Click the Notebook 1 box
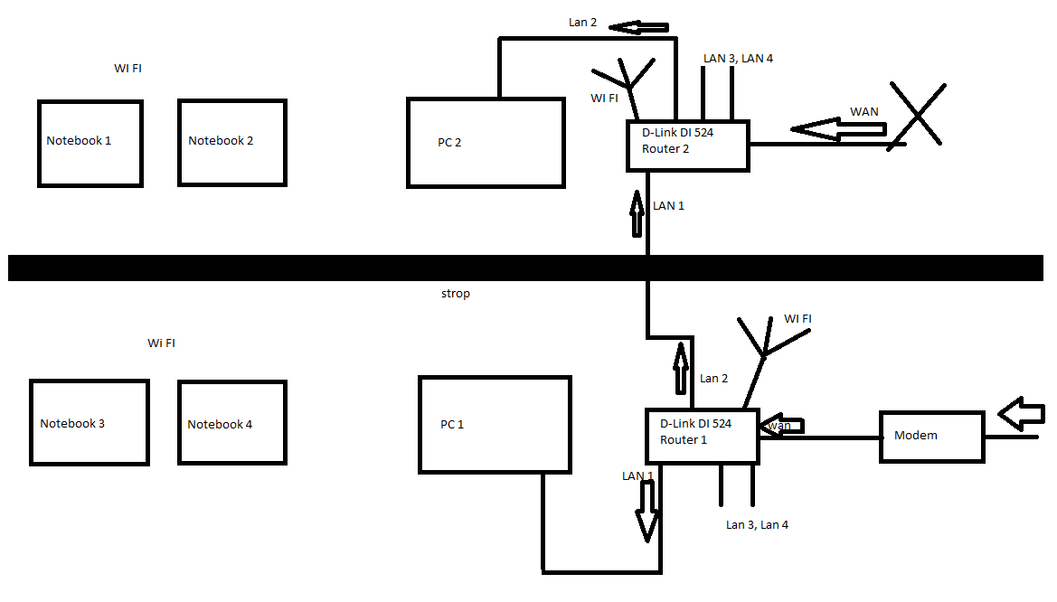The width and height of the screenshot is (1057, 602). [x=90, y=144]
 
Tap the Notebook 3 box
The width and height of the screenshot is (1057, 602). [x=89, y=423]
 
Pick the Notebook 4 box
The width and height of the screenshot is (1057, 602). [x=232, y=423]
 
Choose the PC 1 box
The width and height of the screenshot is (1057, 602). [x=495, y=425]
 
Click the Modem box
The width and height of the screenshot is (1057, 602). [x=931, y=437]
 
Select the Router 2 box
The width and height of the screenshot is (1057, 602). [x=687, y=146]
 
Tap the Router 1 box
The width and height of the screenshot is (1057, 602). [x=702, y=436]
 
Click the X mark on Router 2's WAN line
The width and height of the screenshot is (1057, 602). [x=916, y=115]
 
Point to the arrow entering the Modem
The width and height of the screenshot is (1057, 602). [x=1022, y=413]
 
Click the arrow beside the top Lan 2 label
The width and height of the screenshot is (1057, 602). [x=638, y=27]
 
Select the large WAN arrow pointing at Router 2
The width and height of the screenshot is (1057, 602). [x=837, y=129]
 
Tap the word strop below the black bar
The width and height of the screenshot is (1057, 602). [x=455, y=294]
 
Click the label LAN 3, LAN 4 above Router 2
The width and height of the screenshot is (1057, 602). [x=738, y=59]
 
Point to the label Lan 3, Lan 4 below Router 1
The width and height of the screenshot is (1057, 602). [x=757, y=524]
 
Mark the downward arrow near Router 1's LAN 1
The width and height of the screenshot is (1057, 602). [x=647, y=511]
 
